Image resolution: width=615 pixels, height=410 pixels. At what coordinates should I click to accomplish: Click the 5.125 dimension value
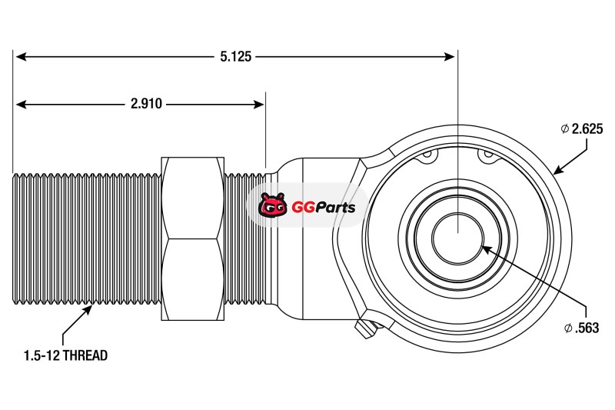[234, 56]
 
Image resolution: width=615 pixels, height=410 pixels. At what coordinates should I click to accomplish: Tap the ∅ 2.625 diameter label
[581, 129]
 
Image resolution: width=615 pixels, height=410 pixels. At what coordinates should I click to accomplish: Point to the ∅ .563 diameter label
[581, 328]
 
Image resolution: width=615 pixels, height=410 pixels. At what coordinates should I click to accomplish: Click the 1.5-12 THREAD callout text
[65, 355]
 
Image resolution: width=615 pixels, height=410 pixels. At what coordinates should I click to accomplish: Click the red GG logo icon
[272, 206]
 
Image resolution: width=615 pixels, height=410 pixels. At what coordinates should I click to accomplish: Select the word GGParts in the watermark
[323, 207]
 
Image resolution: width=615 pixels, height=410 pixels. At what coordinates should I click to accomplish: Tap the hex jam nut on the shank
[192, 238]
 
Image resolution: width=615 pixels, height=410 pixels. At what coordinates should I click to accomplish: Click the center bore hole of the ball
[457, 235]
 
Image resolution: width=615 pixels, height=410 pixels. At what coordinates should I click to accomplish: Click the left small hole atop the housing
[427, 156]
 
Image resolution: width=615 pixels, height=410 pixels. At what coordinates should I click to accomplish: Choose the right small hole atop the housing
[487, 155]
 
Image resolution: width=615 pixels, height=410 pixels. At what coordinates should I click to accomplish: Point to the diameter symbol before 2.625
[565, 129]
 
